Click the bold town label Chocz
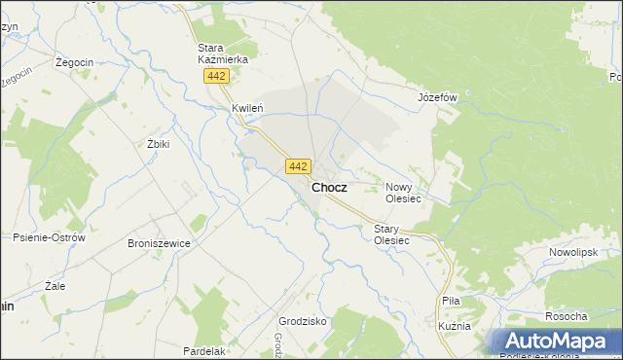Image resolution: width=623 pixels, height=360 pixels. point(329,187)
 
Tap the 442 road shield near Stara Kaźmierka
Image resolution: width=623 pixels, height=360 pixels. point(217,76)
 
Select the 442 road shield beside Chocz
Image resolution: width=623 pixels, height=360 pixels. point(299,166)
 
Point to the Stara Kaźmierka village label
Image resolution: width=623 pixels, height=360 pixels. point(223,53)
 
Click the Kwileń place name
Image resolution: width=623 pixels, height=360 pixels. point(248,108)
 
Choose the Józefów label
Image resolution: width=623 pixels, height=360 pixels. point(437,98)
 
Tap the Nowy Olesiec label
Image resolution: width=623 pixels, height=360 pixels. point(403,192)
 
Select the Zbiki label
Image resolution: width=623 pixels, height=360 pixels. point(158,143)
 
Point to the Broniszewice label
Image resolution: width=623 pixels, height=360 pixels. point(158,243)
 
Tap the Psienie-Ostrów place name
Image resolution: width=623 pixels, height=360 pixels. point(50,237)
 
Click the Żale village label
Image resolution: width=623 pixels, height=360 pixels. point(55,286)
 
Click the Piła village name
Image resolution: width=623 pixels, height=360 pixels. point(450,302)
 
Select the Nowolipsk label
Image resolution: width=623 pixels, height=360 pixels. point(571,251)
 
